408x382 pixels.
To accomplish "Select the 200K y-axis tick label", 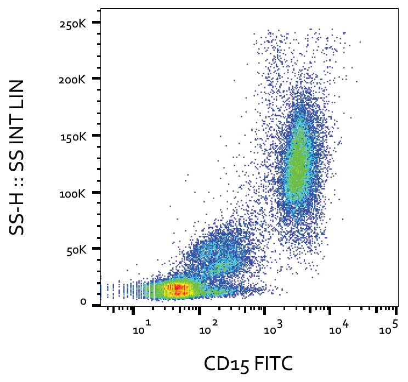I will point(73,79).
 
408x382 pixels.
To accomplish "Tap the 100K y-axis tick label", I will point(73,193).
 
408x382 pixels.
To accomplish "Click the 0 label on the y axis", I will point(83,302).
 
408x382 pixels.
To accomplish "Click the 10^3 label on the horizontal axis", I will point(272,329).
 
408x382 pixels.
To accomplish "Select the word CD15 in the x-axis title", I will point(223,363).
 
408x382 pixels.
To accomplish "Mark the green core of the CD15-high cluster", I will point(297,165).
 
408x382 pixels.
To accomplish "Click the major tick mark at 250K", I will point(97,23).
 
